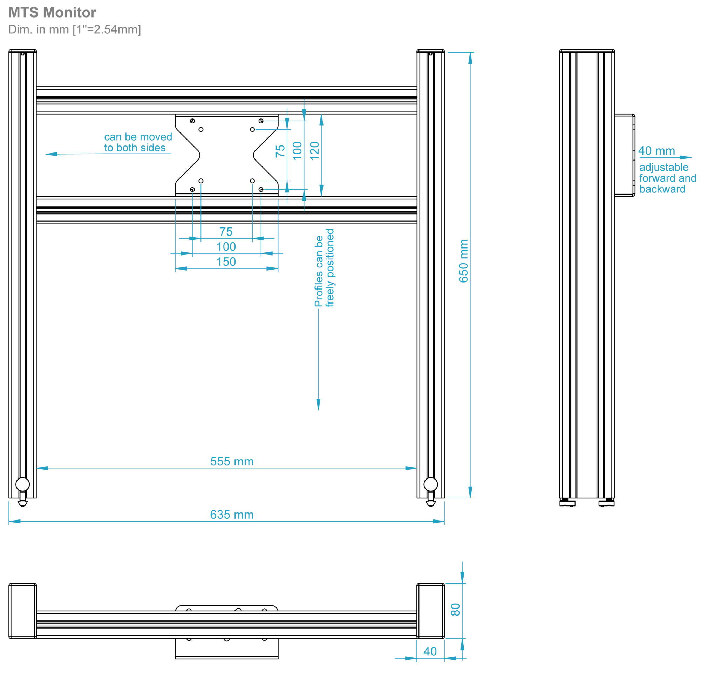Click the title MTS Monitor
point(52,13)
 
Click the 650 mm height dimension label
point(463,261)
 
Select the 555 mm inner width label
point(232,461)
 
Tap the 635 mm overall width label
point(232,515)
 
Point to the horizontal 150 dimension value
point(226,262)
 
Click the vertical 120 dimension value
point(314,151)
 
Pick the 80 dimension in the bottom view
point(455,609)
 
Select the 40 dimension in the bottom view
point(430,651)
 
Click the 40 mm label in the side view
point(656,151)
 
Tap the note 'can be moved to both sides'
point(138,142)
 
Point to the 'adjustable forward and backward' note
point(667,178)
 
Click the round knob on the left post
point(22,484)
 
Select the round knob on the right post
point(431,484)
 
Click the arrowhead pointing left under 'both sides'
point(51,154)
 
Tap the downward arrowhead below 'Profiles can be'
point(318,405)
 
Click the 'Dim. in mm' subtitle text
point(74,29)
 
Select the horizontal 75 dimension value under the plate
point(226,232)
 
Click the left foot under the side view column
point(567,503)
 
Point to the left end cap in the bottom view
point(22,611)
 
